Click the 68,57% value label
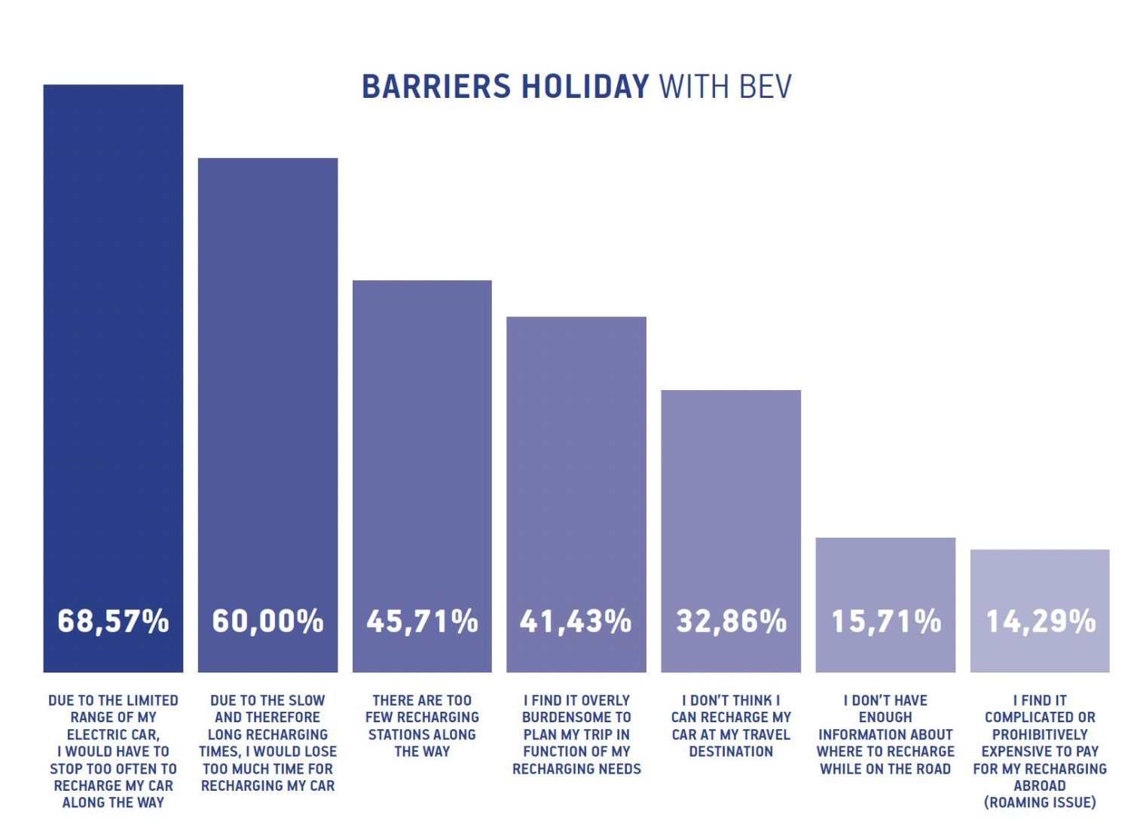113,621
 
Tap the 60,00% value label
267,621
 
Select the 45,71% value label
422,621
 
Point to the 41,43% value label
576,621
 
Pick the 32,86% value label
731,621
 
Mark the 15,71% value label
885,621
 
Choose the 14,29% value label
1040,621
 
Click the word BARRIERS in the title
436,87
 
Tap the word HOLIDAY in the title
585,87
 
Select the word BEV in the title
766,87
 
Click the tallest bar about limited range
113,339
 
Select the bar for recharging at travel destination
731,490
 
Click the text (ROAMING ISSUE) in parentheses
1040,803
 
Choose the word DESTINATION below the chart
731,752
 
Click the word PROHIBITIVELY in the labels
1040,734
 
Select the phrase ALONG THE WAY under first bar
113,803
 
